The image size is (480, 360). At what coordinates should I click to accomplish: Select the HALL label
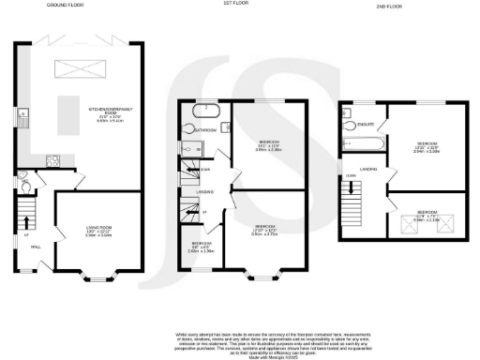(x=37, y=247)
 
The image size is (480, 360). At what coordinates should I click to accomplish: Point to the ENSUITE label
(x=367, y=123)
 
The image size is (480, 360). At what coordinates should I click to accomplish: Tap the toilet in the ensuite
(x=351, y=125)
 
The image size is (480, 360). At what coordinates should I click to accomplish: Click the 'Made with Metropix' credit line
(x=240, y=352)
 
